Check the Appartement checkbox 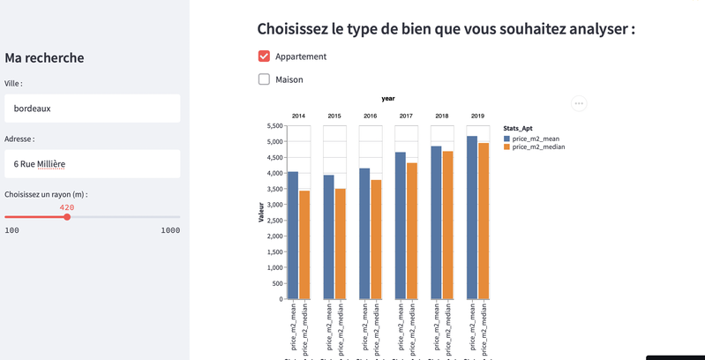click(264, 56)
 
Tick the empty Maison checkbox click(264, 79)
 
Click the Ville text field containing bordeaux click(92, 109)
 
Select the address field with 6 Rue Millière click(92, 163)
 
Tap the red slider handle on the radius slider click(67, 217)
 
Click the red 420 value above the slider click(67, 207)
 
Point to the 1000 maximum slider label click(169, 230)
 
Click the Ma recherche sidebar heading click(44, 58)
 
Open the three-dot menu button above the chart click(579, 103)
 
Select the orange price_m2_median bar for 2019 click(484, 221)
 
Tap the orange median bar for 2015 click(341, 244)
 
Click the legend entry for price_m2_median click(537, 147)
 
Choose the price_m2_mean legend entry click(535, 139)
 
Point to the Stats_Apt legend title click(518, 129)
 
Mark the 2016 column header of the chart click(371, 116)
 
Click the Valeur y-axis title click(261, 213)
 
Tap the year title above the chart click(388, 99)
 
